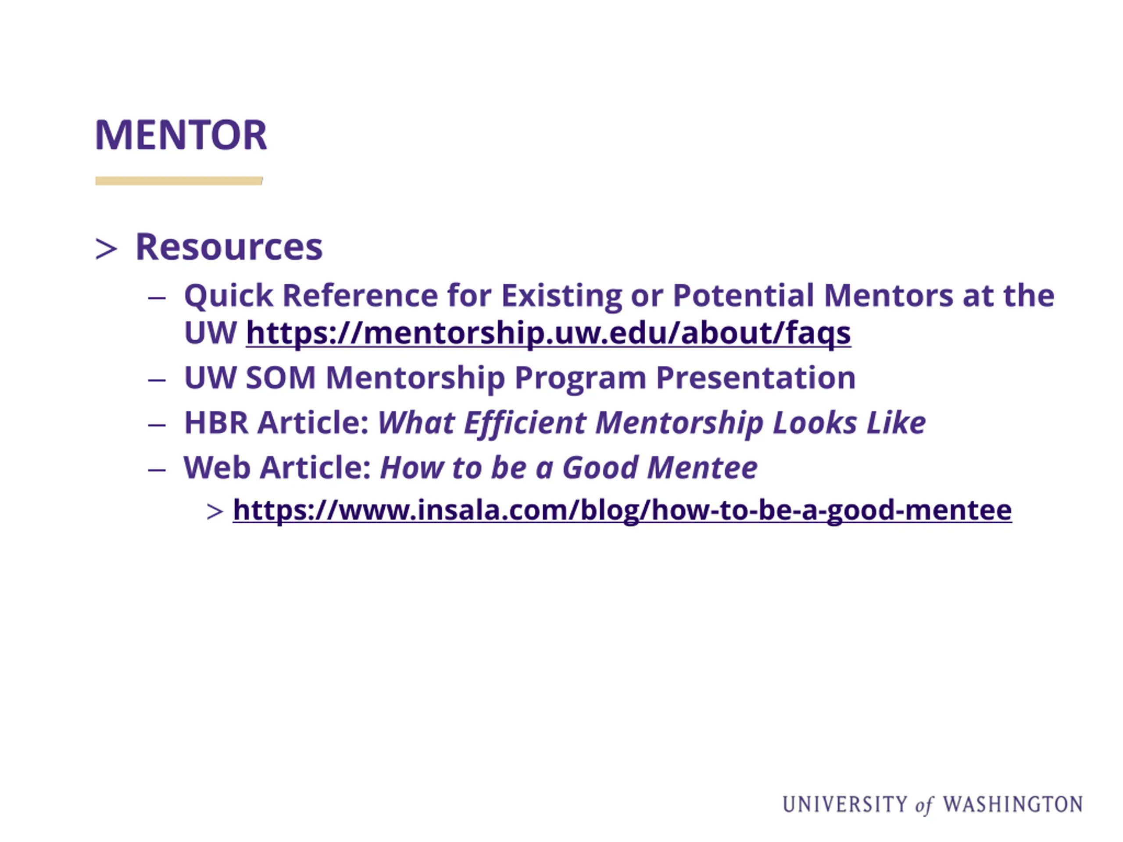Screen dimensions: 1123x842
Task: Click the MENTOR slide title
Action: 181,135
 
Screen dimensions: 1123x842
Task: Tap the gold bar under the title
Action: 179,181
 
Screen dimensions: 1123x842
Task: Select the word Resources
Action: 229,247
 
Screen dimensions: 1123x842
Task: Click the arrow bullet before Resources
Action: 106,249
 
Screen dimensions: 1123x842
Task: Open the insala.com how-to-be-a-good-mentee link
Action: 622,510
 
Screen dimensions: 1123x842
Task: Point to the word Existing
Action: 561,296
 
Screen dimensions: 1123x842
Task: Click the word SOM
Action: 280,378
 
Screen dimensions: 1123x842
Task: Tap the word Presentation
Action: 755,378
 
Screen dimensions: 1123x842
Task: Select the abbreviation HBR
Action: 216,423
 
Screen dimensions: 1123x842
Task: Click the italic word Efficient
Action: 525,423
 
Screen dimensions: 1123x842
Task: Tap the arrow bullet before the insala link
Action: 215,512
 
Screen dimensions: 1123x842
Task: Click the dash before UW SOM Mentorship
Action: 157,380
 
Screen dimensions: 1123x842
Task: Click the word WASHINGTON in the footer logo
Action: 1013,804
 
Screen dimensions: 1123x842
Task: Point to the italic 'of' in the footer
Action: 924,806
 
